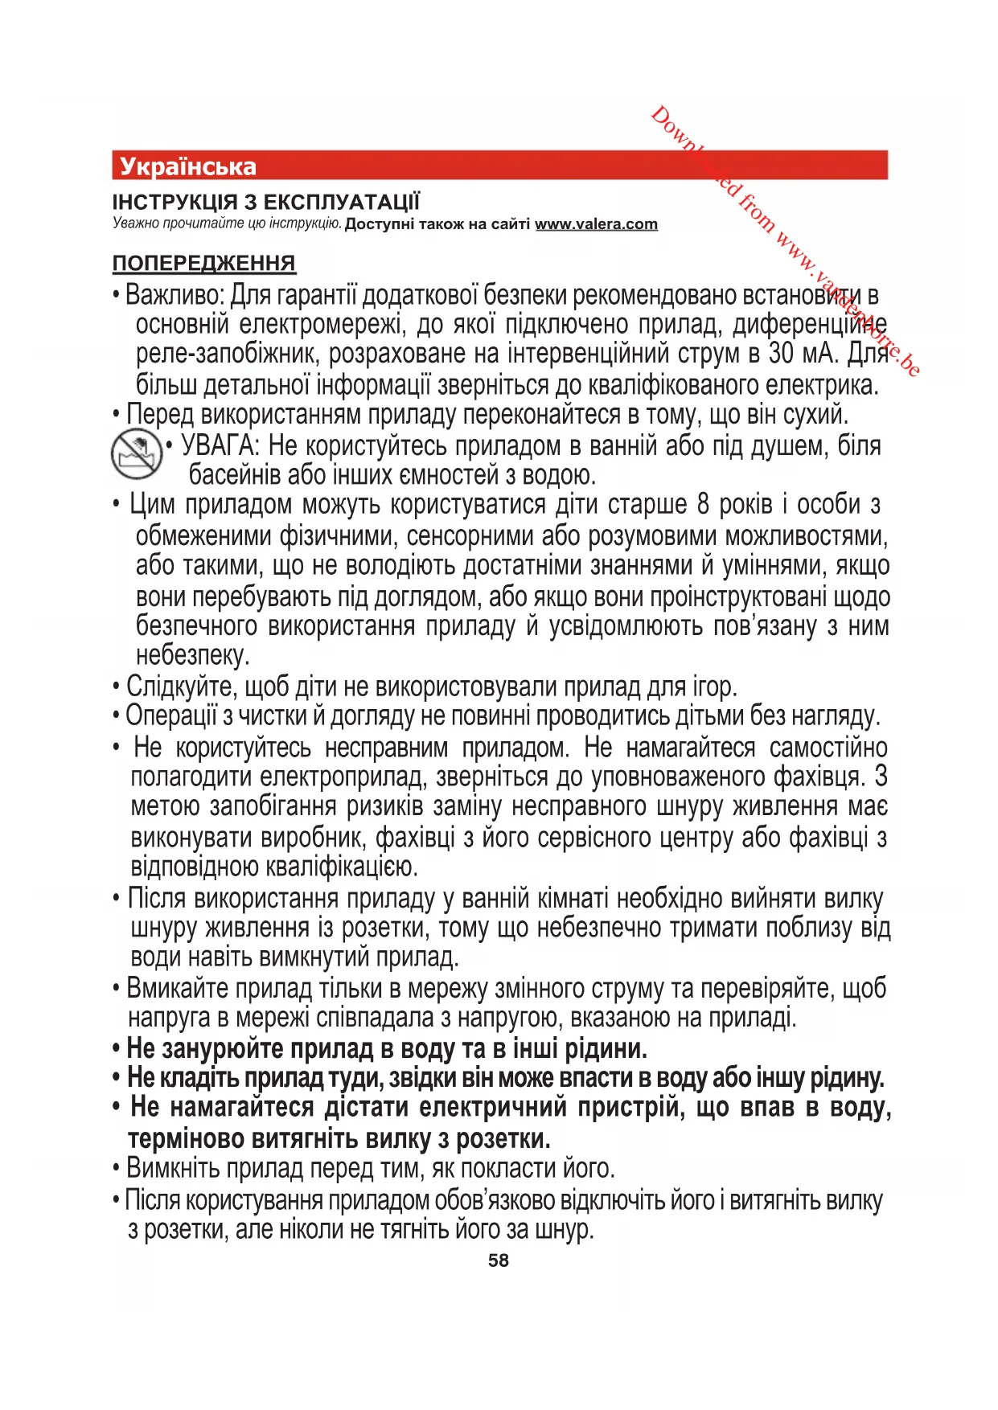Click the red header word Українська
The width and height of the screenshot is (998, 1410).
187,166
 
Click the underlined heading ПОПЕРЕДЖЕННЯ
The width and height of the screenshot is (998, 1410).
203,263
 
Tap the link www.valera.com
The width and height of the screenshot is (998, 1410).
596,224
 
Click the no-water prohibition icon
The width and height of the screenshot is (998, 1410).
136,453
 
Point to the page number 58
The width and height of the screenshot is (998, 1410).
498,1260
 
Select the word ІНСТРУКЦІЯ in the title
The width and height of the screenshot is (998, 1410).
175,202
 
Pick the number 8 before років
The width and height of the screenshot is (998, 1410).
703,505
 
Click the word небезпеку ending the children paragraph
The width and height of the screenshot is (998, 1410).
193,655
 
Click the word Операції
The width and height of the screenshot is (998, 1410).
171,715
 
